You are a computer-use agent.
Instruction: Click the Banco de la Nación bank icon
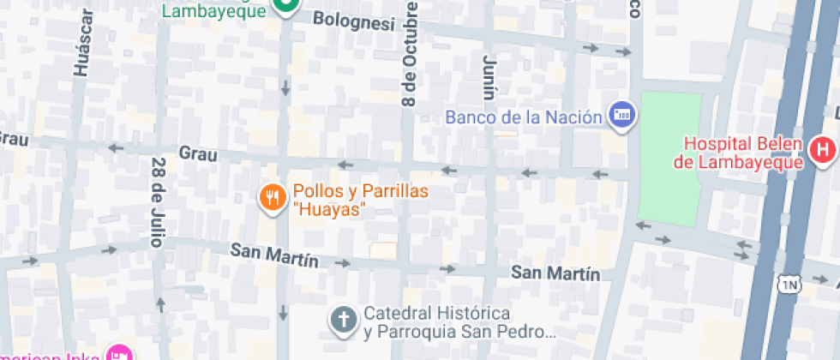[x=621, y=114]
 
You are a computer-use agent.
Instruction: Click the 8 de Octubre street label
[x=410, y=53]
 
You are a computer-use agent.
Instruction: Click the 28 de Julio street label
[x=157, y=202]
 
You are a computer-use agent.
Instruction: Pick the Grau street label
[x=197, y=154]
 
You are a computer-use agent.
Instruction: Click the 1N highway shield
[x=789, y=284]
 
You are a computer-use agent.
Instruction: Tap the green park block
[x=670, y=154]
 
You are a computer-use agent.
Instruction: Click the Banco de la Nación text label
[x=523, y=117]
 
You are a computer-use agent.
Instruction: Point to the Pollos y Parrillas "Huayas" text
[x=360, y=200]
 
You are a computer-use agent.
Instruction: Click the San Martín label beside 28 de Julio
[x=274, y=255]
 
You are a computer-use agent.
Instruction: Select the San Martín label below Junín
[x=555, y=273]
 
